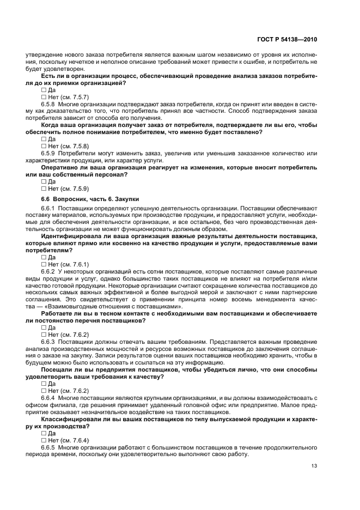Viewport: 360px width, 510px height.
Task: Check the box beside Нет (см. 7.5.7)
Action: [x=44, y=97]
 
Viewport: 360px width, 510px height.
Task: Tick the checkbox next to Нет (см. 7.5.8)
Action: [x=44, y=147]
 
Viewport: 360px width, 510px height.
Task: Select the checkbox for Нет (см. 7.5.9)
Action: [x=44, y=189]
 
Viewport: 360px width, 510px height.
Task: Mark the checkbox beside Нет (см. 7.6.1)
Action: [x=44, y=265]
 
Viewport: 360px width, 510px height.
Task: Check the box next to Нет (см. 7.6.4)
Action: [x=44, y=440]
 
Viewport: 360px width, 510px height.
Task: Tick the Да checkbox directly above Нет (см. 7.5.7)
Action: [x=44, y=90]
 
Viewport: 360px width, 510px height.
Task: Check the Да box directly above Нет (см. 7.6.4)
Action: [x=44, y=433]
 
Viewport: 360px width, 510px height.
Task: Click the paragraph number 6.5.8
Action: [x=49, y=104]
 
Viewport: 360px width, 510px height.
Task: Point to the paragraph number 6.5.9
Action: [x=49, y=154]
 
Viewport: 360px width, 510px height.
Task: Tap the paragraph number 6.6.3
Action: [x=49, y=342]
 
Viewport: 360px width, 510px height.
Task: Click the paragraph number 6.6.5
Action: [x=49, y=447]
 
